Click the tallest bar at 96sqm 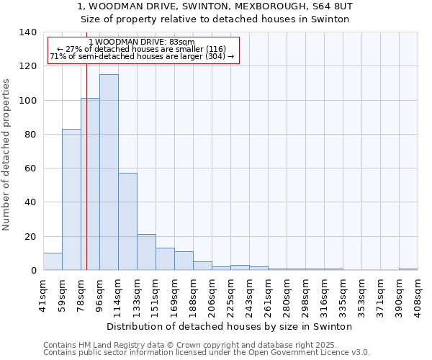tap(109, 173)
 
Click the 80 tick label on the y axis tap(31, 135)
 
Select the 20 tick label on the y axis tap(31, 237)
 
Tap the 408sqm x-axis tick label tap(418, 292)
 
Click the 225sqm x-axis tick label tap(230, 292)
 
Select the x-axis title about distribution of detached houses tap(230, 326)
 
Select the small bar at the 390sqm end tap(408, 269)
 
